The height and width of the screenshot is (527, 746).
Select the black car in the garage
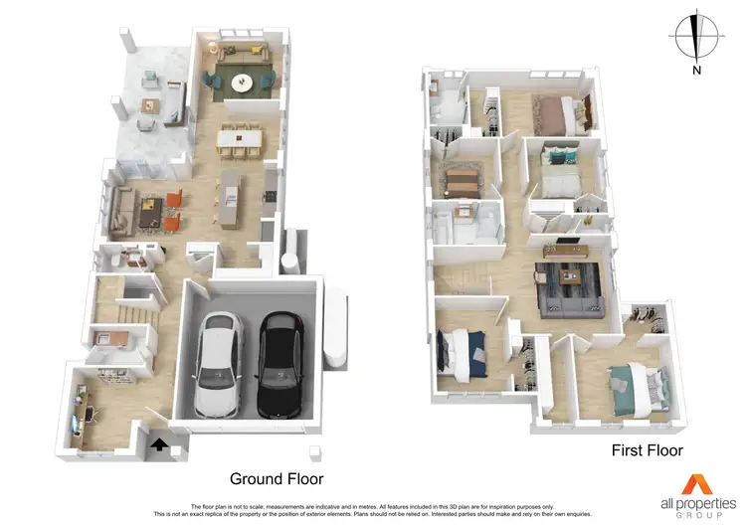click(281, 366)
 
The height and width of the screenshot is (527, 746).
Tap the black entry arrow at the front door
click(157, 446)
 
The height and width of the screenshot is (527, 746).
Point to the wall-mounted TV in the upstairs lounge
click(565, 241)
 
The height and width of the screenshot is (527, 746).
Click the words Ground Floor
click(277, 477)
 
